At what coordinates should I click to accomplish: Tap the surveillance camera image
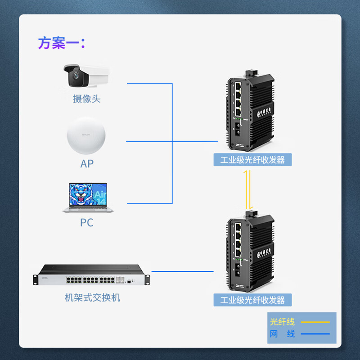pyautogui.click(x=86, y=76)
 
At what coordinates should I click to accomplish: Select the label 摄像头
pyautogui.click(x=86, y=99)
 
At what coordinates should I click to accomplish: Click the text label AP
pyautogui.click(x=87, y=163)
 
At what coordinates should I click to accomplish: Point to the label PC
pyautogui.click(x=86, y=222)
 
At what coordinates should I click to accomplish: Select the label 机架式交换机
pyautogui.click(x=92, y=297)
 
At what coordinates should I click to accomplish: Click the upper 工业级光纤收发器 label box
pyautogui.click(x=252, y=160)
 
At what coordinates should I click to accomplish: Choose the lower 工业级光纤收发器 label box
pyautogui.click(x=252, y=300)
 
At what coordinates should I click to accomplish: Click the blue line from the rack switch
pyautogui.click(x=182, y=271)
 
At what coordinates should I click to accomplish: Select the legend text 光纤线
pyautogui.click(x=282, y=322)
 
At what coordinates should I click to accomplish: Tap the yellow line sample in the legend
pyautogui.click(x=315, y=322)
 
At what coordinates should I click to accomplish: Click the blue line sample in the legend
pyautogui.click(x=315, y=334)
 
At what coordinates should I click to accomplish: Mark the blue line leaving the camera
pyautogui.click(x=148, y=84)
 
